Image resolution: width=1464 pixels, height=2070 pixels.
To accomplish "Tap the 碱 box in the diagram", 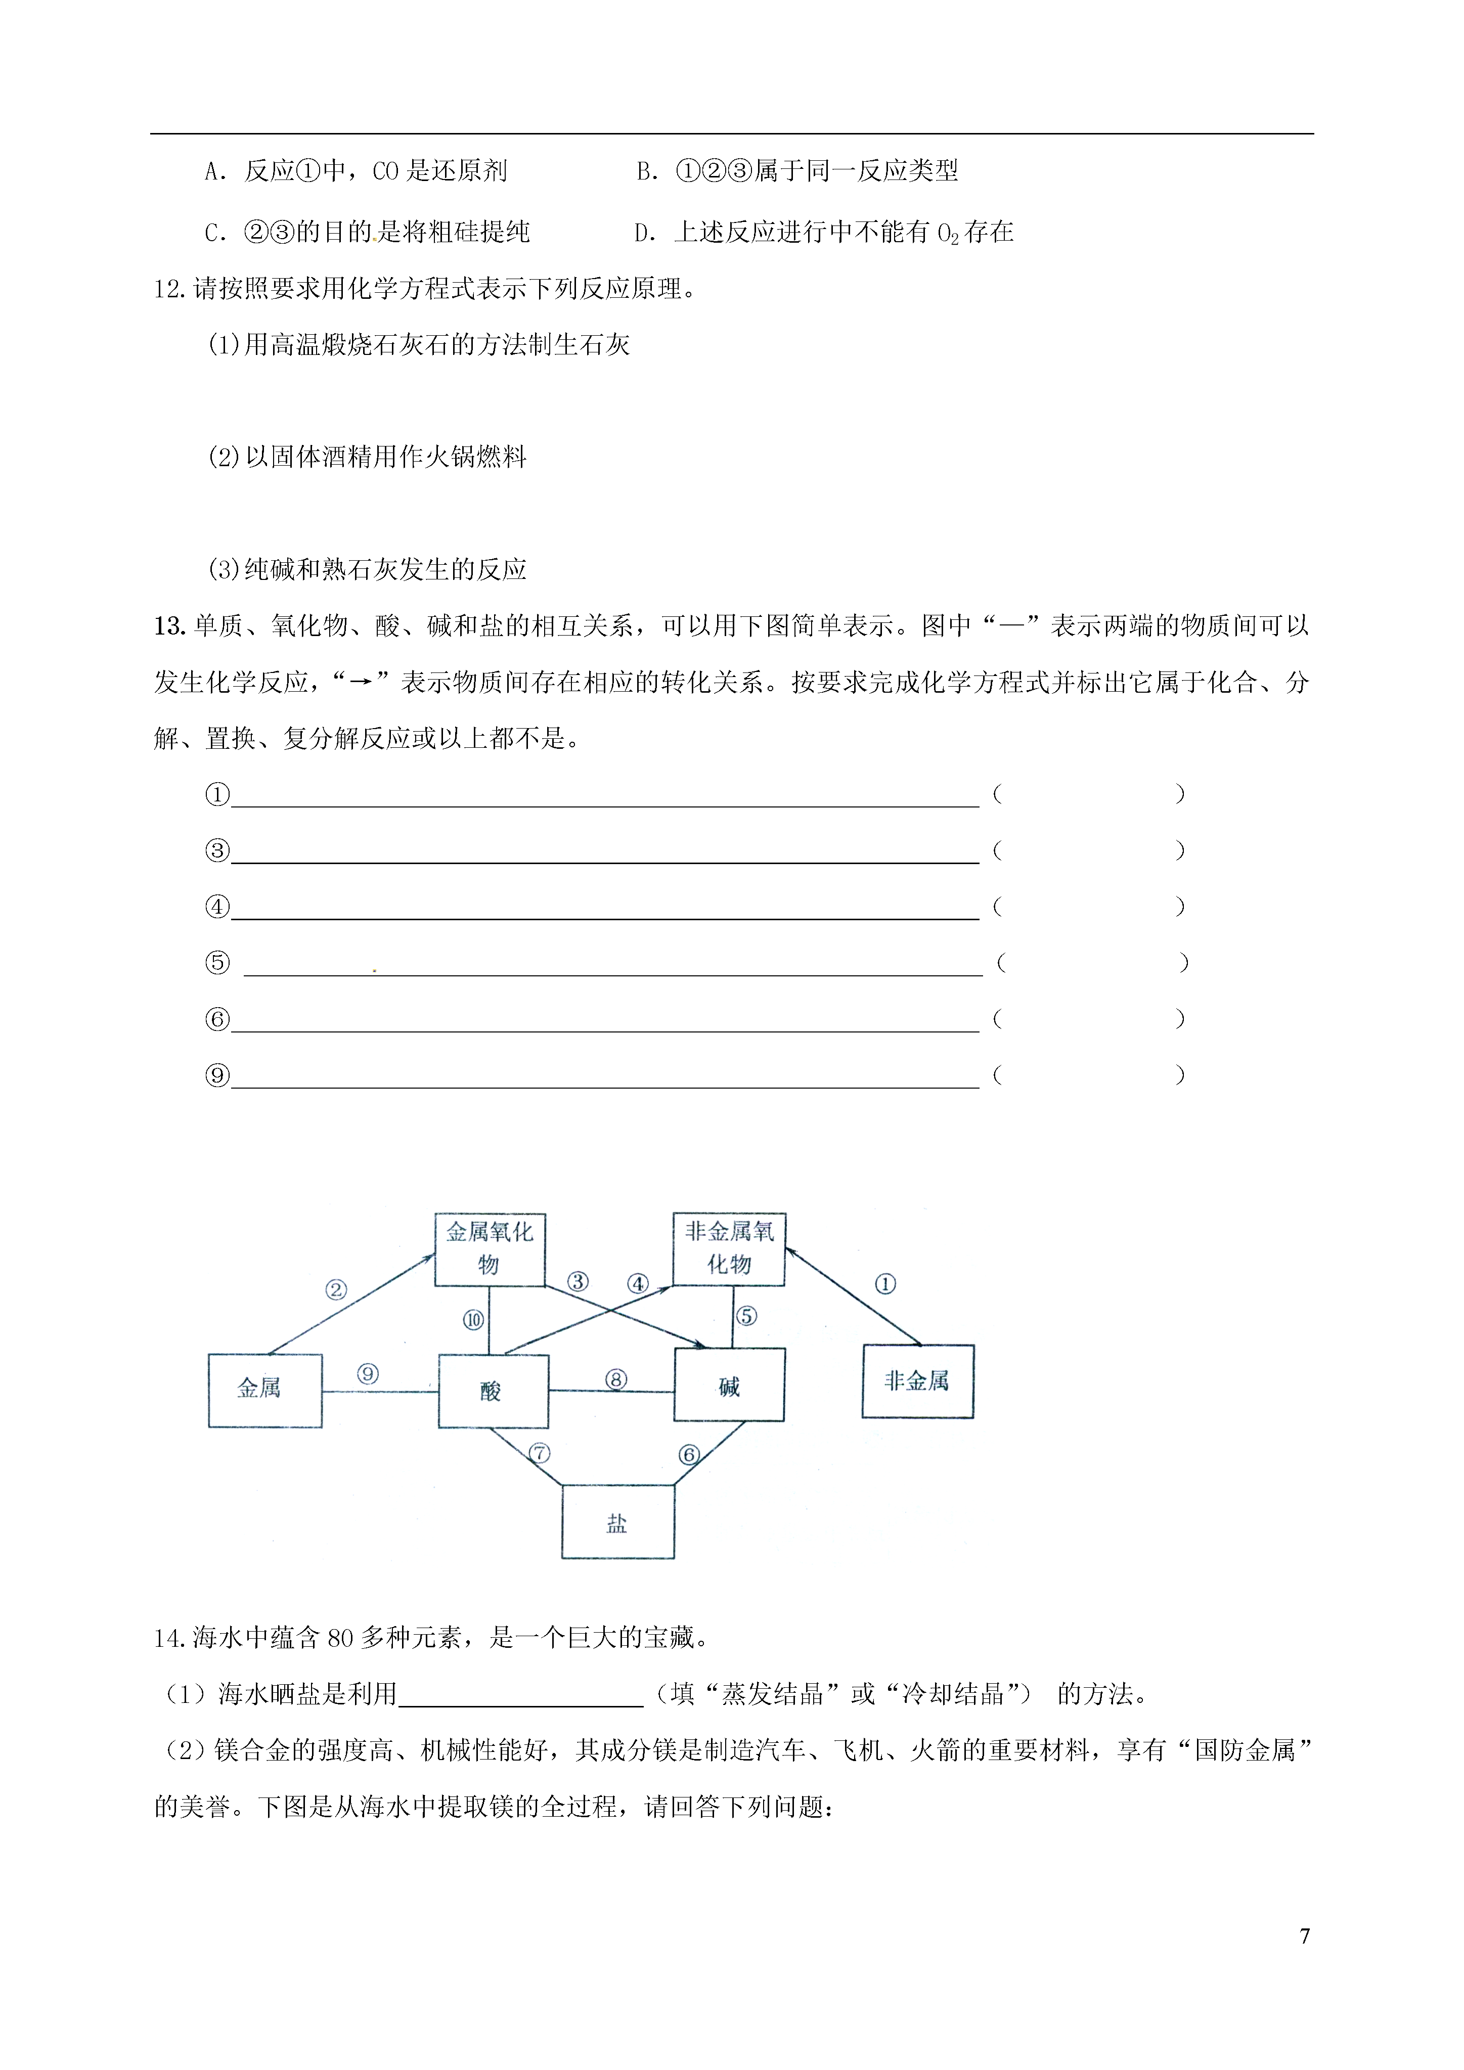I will (729, 1386).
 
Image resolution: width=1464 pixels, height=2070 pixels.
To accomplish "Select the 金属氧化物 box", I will (490, 1249).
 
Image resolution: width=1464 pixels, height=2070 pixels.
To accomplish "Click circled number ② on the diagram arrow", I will (335, 1290).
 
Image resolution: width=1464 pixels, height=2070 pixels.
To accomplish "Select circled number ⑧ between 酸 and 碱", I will (616, 1379).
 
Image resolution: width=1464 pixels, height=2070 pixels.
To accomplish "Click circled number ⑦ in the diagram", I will (539, 1453).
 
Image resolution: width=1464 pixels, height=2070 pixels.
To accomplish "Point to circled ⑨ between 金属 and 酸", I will (368, 1374).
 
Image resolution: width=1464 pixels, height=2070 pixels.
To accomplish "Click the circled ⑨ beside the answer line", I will (217, 1075).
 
